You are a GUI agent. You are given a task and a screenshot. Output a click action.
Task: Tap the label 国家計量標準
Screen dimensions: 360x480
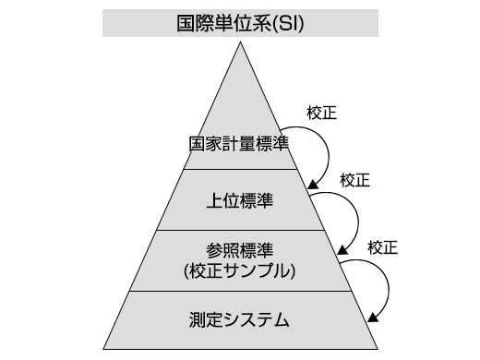[239, 146]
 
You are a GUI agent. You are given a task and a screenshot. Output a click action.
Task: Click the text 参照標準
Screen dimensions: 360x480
[239, 249]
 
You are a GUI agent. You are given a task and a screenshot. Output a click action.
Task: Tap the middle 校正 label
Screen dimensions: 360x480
[354, 180]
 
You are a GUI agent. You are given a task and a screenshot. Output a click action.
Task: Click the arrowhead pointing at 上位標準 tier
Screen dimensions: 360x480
[314, 184]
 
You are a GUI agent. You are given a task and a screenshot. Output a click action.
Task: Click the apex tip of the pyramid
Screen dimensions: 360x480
[240, 42]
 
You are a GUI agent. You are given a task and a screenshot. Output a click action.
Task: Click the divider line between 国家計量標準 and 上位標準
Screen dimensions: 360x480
[239, 169]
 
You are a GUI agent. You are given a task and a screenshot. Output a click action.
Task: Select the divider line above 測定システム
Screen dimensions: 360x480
[239, 291]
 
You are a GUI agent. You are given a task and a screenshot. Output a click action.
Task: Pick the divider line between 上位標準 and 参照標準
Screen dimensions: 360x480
[239, 230]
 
